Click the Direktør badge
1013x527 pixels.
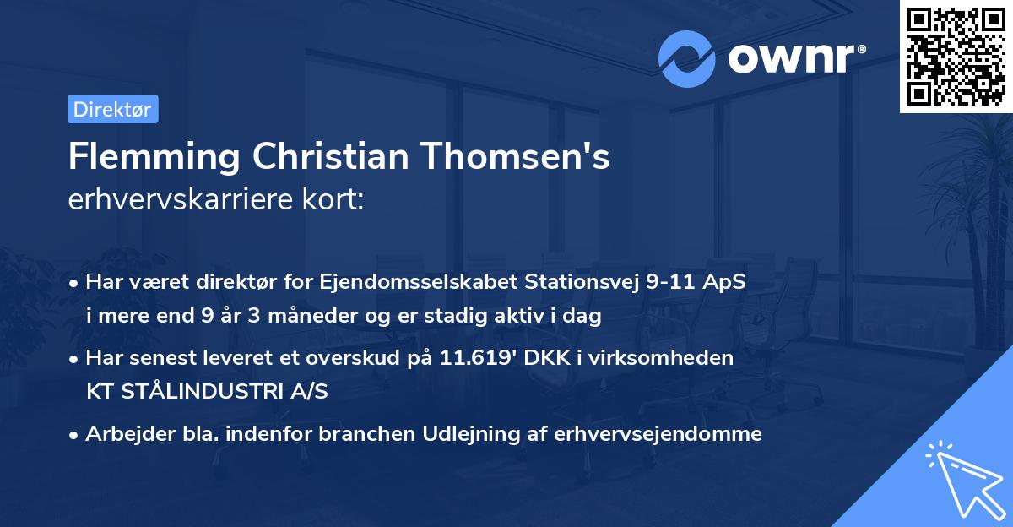pos(112,109)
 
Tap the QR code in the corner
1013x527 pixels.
pos(955,56)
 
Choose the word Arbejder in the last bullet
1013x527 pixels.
pos(123,434)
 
